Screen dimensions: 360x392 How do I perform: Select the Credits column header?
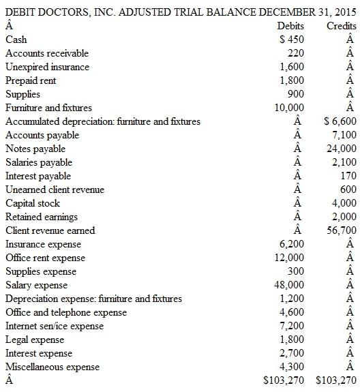click(342, 26)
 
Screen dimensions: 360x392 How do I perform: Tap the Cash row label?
click(16, 40)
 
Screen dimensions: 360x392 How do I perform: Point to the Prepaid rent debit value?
click(292, 80)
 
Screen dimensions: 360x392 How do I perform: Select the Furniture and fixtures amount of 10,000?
click(290, 108)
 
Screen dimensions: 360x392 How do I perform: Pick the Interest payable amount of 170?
click(347, 176)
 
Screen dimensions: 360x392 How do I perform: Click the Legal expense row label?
click(34, 340)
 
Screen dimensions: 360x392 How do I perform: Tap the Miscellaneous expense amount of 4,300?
click(292, 367)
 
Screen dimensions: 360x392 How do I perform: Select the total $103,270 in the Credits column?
click(337, 380)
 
